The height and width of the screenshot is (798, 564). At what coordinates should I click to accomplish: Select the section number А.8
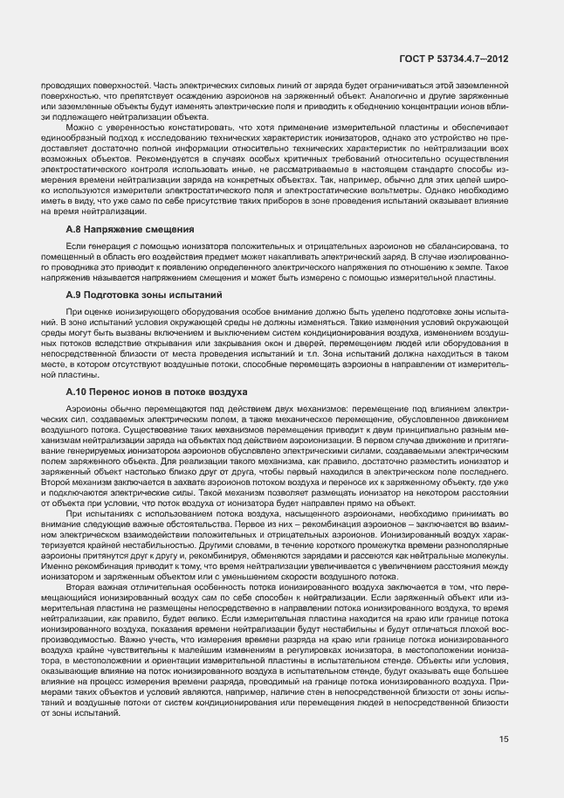pyautogui.click(x=74, y=228)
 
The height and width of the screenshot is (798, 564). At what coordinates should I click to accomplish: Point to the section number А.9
pyautogui.click(x=74, y=296)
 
